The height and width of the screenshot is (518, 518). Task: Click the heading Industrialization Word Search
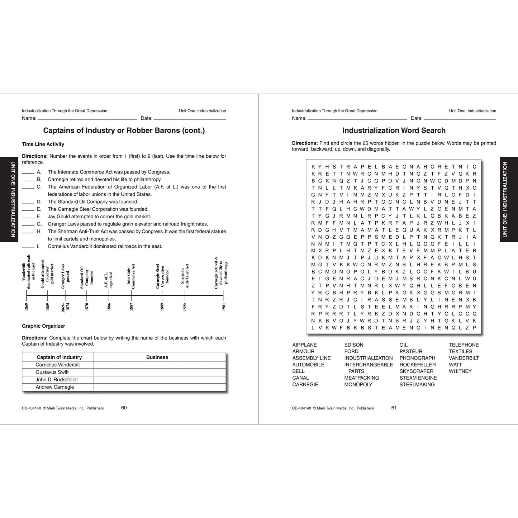point(394,130)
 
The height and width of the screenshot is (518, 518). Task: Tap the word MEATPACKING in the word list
point(362,378)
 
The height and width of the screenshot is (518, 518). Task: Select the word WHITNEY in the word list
point(460,371)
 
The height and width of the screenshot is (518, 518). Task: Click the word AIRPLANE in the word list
point(305,345)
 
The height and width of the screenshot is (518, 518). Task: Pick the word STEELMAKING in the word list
point(417,384)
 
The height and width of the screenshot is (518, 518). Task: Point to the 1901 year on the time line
point(224,307)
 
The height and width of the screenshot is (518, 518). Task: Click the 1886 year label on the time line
point(109,307)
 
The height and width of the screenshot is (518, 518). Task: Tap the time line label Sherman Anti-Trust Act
point(185,276)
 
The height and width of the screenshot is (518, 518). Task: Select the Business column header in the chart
point(157,357)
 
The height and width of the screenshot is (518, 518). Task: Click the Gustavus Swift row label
point(52,372)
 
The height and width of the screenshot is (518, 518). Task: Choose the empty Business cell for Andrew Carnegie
point(160,388)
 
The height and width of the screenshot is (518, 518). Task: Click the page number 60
point(124,408)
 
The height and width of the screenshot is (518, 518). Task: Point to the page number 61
point(394,408)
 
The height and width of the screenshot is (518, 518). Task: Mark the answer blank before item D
point(28,203)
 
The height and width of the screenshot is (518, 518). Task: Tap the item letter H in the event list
point(39,232)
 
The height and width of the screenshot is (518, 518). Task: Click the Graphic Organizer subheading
point(43,326)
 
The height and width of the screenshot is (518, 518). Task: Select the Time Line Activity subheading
point(43,144)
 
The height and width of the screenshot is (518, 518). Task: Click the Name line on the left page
point(87,120)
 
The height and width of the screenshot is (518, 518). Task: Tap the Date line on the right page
point(460,120)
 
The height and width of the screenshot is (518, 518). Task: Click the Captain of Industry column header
point(59,357)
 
